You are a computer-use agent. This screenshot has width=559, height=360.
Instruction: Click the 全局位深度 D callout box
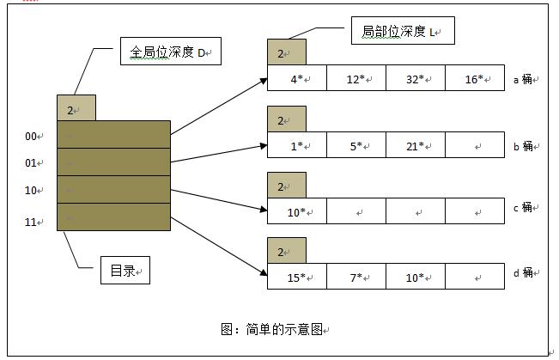pos(170,53)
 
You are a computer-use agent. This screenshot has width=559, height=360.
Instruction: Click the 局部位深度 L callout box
pos(402,32)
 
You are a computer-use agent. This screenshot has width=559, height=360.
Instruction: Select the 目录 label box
pos(125,272)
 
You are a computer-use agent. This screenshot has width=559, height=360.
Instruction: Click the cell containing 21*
pos(415,145)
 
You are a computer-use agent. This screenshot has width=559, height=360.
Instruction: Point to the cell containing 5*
pos(355,145)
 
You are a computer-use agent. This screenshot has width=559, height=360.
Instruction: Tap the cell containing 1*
pos(296,145)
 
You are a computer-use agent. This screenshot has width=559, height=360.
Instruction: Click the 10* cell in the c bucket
pos(296,211)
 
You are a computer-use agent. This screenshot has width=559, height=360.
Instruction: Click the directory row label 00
pos(33,136)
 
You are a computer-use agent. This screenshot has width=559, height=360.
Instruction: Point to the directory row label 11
pos(33,222)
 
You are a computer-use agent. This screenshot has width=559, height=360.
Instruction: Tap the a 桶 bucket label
pos(523,78)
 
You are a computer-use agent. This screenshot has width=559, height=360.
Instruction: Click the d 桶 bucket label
pos(523,273)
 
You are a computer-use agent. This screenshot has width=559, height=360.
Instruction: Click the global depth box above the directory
pos(76,108)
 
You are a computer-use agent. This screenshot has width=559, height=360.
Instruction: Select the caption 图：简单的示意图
pos(274,329)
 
